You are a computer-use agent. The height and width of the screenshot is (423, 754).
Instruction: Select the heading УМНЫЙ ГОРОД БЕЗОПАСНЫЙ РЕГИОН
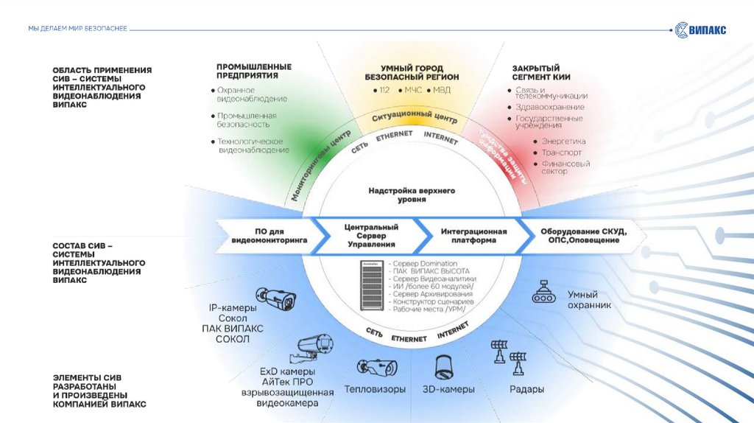click(412, 71)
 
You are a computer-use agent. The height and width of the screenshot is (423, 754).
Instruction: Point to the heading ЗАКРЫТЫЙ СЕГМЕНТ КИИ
click(541, 72)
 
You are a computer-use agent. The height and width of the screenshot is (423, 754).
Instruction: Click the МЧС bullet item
click(409, 90)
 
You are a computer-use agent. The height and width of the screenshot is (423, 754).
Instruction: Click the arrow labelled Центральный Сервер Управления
click(371, 236)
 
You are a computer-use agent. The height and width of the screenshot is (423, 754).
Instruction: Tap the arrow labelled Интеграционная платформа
click(474, 235)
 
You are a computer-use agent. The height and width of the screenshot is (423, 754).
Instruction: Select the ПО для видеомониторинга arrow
click(269, 235)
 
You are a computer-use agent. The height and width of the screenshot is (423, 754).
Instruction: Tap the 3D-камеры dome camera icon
click(444, 366)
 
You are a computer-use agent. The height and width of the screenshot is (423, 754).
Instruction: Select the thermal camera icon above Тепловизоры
click(377, 367)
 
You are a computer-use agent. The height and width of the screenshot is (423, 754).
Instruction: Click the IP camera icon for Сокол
click(278, 297)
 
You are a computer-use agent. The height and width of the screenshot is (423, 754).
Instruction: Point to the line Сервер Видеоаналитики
click(434, 279)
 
